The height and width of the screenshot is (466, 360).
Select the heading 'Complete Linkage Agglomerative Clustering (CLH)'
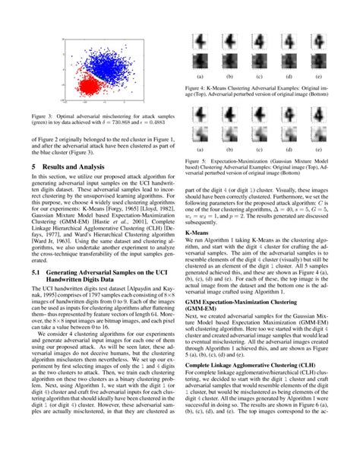[x=248, y=386]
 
